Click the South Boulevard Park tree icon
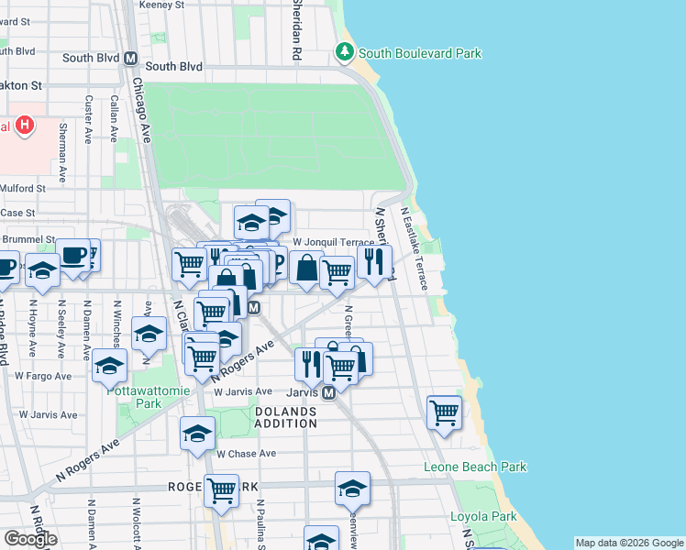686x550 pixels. tap(345, 51)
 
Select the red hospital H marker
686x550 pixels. tap(25, 125)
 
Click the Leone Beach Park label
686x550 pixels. tap(475, 467)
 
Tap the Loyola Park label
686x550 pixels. tap(483, 516)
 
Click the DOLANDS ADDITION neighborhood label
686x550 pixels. tap(285, 417)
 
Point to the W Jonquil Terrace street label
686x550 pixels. tap(334, 242)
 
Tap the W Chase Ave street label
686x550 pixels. tap(246, 454)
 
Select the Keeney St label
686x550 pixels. tap(161, 5)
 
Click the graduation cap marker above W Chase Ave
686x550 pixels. tap(197, 434)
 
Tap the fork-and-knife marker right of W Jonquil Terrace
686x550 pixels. tap(374, 262)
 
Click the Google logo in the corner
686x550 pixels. tap(30, 539)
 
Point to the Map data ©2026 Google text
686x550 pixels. tap(629, 543)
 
